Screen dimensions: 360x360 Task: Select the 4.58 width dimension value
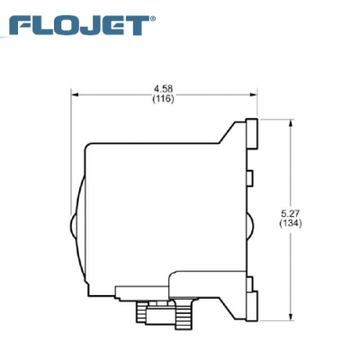point(163,88)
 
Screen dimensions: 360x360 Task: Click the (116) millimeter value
point(163,98)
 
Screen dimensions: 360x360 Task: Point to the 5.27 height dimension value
point(289,213)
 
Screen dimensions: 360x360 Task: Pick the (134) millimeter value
point(289,223)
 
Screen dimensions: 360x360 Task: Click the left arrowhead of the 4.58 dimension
point(76,94)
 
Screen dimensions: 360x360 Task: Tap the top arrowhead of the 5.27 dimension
point(289,122)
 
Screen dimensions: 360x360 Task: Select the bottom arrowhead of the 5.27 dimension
point(289,316)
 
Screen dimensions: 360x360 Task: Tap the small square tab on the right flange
point(253,174)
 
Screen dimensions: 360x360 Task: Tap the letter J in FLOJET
point(89,24)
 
